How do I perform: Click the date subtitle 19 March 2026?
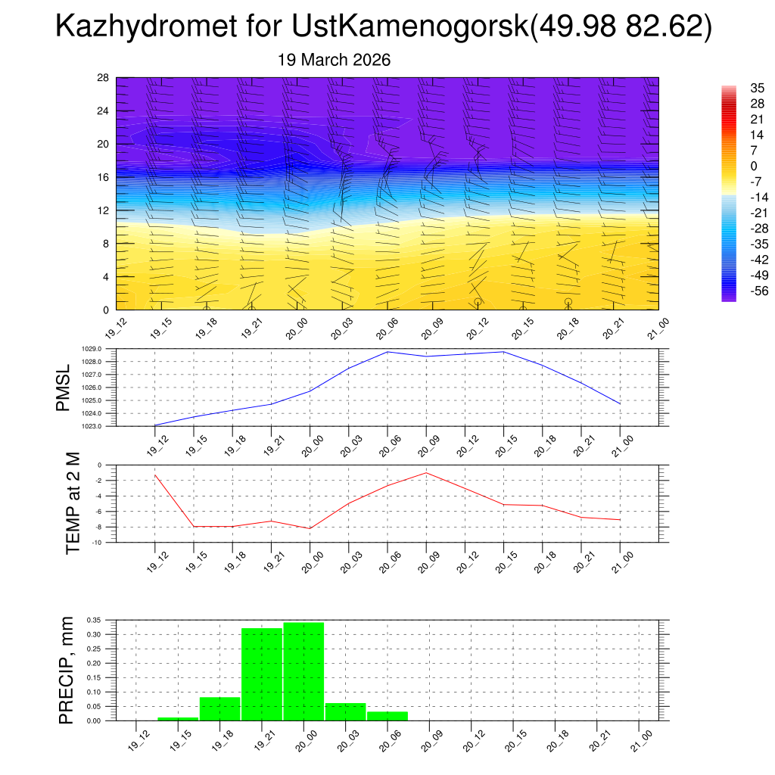tap(334, 60)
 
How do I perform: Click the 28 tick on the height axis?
tap(104, 78)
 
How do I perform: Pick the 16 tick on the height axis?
tap(104, 177)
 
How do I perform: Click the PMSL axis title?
tap(64, 387)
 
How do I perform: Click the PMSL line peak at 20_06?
tap(388, 351)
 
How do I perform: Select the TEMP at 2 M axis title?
tap(73, 503)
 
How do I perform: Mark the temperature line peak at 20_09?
tap(426, 473)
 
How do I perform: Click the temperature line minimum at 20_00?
tap(310, 528)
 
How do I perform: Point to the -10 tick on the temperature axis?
tap(98, 543)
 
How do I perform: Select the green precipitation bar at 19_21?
tap(262, 674)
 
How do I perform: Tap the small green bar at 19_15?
tap(178, 718)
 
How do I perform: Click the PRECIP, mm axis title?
tap(67, 670)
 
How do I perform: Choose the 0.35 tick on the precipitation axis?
tap(94, 620)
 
